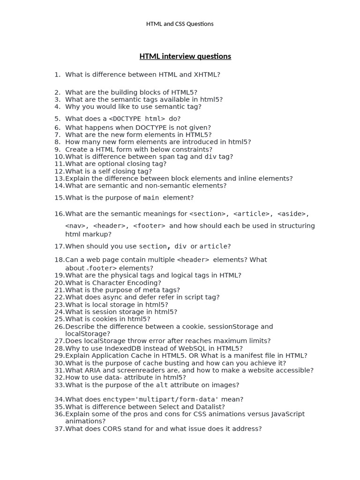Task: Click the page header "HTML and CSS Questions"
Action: point(180,24)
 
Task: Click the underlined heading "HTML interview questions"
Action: point(185,56)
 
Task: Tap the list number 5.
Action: point(58,119)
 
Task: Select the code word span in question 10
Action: point(167,157)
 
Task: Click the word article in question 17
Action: point(213,247)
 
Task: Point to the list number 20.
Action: point(59,283)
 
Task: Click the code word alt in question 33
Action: point(162,385)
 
